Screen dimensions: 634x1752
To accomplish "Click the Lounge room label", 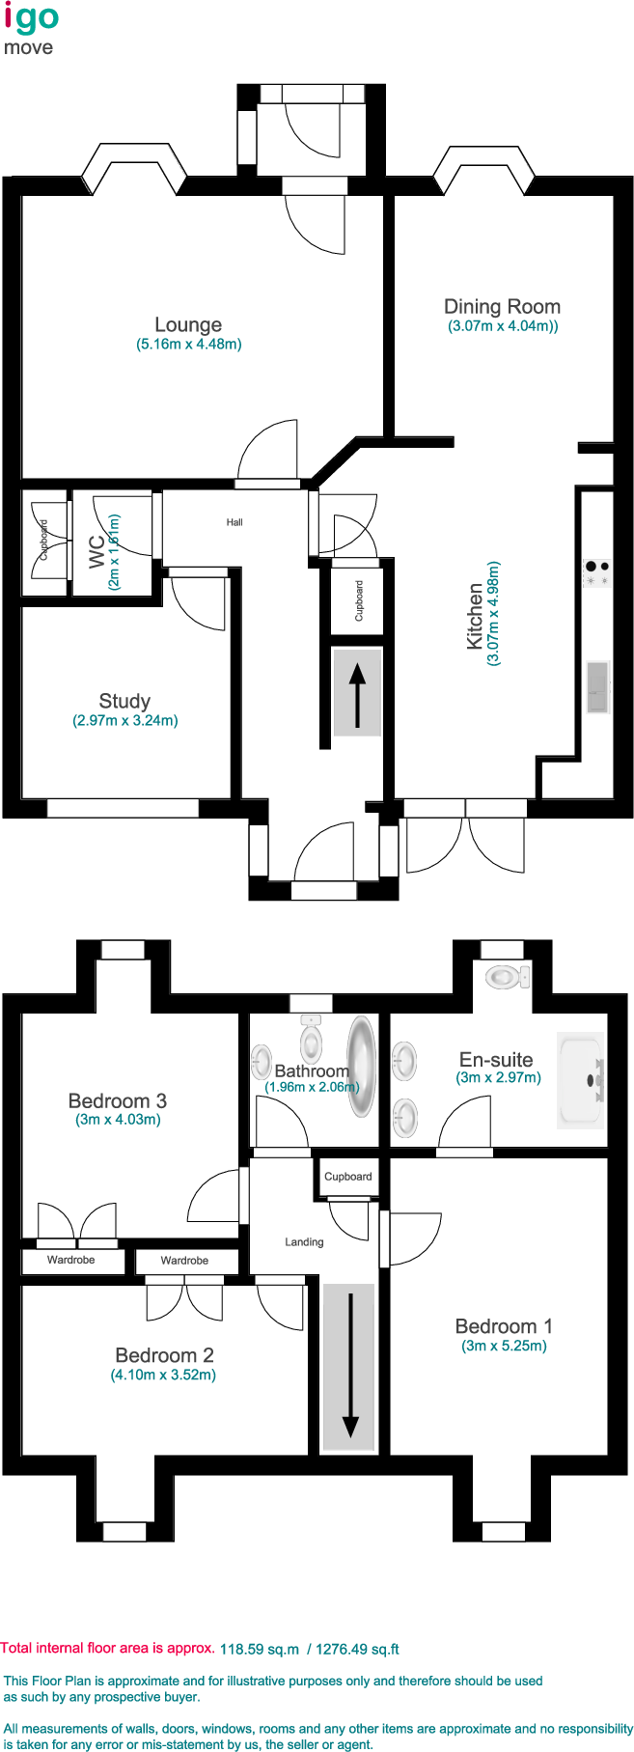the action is coord(188,325).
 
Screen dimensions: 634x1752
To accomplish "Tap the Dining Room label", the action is coord(502,307).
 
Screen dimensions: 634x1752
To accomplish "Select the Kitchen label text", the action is coord(475,616).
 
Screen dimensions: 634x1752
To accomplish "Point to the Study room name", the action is coord(124,702).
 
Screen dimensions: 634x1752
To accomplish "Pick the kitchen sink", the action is coord(598,687).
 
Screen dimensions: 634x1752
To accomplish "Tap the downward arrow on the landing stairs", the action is coord(350,1365).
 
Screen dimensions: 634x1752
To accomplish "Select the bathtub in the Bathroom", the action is coord(362,1066).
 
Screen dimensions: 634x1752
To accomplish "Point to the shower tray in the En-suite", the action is coord(581,1080).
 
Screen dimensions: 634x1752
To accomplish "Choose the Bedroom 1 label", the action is coord(504,1327).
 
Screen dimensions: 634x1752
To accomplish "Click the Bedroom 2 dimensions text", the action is coord(163,1375).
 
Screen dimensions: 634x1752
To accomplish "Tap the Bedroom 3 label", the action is coord(118,1101).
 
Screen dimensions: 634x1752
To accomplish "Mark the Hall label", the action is coord(234,522).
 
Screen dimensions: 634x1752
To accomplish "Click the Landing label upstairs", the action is coord(304,1242).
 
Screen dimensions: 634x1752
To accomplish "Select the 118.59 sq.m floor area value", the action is coord(260,1649).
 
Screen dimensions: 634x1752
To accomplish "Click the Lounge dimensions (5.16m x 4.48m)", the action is coord(189,344).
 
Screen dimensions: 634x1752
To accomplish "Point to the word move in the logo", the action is coord(29,48).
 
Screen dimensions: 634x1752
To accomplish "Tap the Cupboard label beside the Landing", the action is coord(348,1177).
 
